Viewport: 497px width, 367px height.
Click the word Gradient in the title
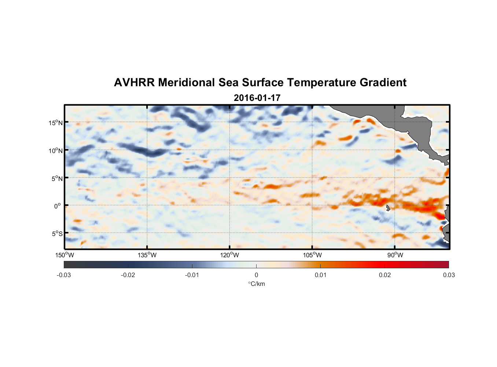pyautogui.click(x=383, y=83)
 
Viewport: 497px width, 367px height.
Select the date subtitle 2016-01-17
pyautogui.click(x=257, y=98)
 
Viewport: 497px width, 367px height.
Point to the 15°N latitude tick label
pyautogui.click(x=56, y=123)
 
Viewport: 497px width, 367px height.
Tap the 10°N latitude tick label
pyautogui.click(x=56, y=150)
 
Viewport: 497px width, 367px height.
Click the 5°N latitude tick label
pyautogui.click(x=57, y=178)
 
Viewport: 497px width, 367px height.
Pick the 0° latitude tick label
pyautogui.click(x=58, y=206)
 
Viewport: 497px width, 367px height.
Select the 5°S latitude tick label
pyautogui.click(x=57, y=233)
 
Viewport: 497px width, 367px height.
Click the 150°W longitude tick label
pyautogui.click(x=65, y=255)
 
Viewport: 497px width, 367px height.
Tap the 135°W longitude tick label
pyautogui.click(x=147, y=255)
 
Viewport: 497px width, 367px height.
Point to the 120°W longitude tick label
pyautogui.click(x=229, y=255)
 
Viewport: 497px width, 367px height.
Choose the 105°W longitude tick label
pyautogui.click(x=312, y=255)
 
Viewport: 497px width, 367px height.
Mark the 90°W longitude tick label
pyautogui.click(x=395, y=255)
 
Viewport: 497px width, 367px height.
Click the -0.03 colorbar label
pyautogui.click(x=64, y=275)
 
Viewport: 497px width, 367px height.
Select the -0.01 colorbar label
pyautogui.click(x=192, y=275)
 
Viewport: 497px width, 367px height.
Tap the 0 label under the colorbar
pyautogui.click(x=256, y=275)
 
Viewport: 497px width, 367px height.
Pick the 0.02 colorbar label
pyautogui.click(x=385, y=275)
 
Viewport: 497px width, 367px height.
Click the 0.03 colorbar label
pyautogui.click(x=449, y=275)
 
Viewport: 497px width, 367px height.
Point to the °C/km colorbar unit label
pyautogui.click(x=256, y=284)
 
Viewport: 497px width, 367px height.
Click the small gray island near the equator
pyautogui.click(x=388, y=208)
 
